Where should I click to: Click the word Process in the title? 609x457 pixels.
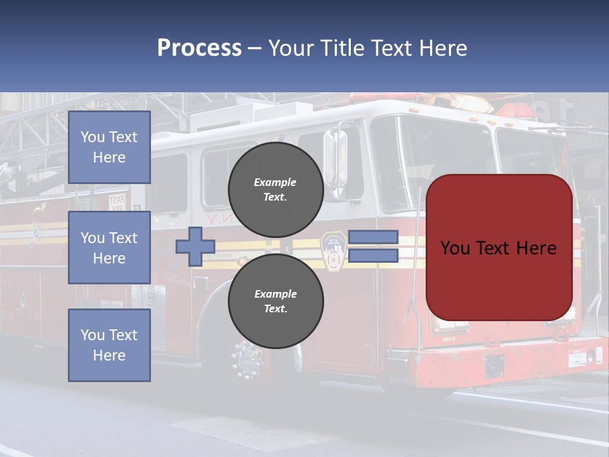(x=199, y=48)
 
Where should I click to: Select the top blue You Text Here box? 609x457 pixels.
(x=109, y=147)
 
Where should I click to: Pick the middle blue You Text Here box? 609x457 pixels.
(x=109, y=248)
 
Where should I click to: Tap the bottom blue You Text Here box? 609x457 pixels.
(x=109, y=345)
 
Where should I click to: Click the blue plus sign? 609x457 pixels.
(x=195, y=246)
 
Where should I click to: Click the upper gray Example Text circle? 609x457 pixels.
(x=275, y=190)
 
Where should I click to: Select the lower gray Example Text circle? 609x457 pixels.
(x=275, y=301)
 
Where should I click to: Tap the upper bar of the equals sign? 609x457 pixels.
(x=373, y=237)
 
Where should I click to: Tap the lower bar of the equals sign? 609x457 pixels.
(x=373, y=255)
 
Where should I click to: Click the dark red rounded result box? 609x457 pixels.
(x=499, y=248)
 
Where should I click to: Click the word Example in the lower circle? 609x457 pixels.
(x=275, y=294)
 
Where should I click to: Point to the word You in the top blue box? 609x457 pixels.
(x=93, y=137)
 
